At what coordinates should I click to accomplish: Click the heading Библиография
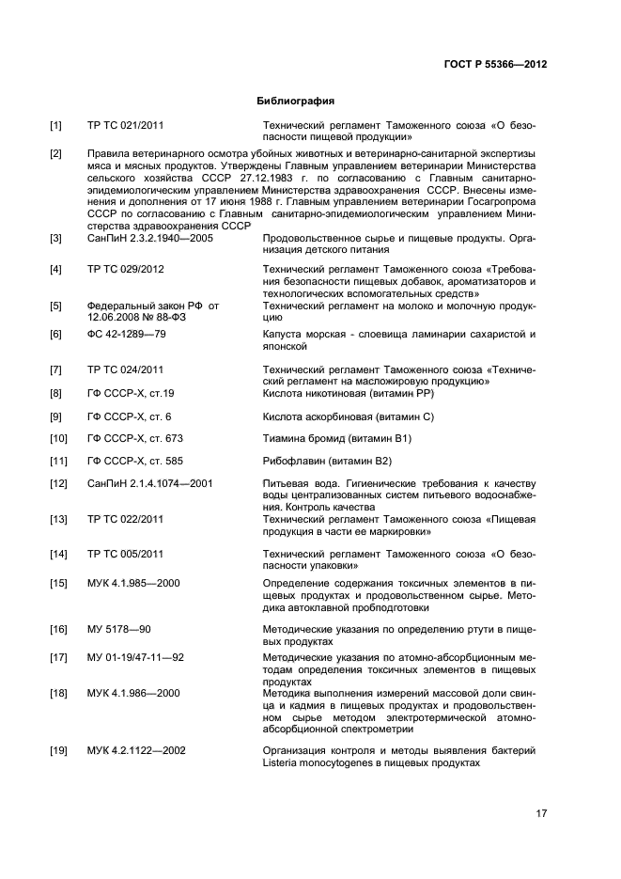[x=296, y=101]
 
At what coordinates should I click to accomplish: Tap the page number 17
[x=541, y=814]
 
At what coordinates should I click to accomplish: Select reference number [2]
[x=56, y=152]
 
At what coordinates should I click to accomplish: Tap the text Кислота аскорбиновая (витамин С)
[x=349, y=416]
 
